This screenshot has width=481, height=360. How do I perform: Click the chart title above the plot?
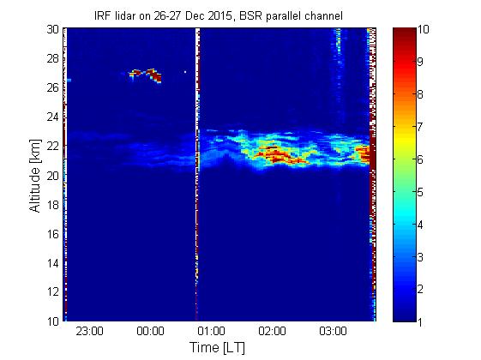coord(219,15)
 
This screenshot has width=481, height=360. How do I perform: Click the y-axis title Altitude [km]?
coord(35,176)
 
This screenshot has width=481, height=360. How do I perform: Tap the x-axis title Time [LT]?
coord(218,347)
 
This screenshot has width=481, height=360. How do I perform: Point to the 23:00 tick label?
coord(89,331)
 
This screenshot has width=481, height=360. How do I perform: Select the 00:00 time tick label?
coord(150,331)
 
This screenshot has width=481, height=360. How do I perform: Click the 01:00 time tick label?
coord(211,331)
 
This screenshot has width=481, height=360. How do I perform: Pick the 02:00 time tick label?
coord(272,331)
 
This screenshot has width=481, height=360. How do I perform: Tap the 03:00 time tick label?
coord(333,331)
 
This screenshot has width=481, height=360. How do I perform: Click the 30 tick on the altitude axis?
coord(53,29)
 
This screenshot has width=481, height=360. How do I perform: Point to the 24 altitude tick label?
coord(53,117)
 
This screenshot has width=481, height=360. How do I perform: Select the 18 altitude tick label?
coord(53,205)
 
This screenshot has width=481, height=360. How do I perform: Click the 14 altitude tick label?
coord(53,263)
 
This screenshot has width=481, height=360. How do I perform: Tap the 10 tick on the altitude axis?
coord(53,321)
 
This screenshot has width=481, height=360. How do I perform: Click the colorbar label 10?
coord(424,29)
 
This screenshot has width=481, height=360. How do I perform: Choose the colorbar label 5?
coord(420,192)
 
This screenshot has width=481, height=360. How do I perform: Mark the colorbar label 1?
coord(420,322)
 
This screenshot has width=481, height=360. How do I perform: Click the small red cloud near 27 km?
coord(146,75)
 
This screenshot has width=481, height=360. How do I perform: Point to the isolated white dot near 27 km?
coord(185,72)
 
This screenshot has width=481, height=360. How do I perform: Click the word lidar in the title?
coord(125,15)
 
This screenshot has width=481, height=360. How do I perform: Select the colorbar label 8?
coord(420,94)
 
